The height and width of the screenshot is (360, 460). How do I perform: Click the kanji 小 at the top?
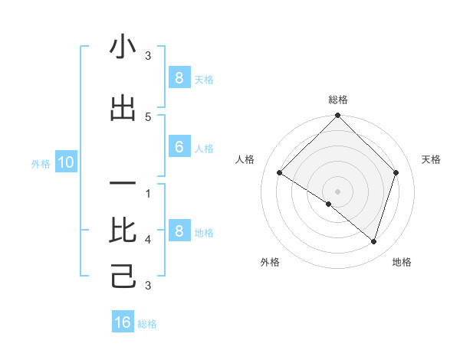(x=123, y=47)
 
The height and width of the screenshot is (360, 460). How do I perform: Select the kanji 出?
(x=123, y=109)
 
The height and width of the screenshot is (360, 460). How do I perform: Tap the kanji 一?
(x=123, y=184)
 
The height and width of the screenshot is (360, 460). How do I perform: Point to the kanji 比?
(x=123, y=230)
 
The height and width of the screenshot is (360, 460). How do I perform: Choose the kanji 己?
(x=123, y=276)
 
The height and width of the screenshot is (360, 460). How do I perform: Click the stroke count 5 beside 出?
(x=148, y=116)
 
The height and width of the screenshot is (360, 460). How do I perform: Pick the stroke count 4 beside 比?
(x=148, y=240)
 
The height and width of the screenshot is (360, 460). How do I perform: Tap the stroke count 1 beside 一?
(x=148, y=193)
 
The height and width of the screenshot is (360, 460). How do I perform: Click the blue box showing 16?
(x=123, y=322)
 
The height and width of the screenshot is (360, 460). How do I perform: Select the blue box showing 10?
(x=65, y=162)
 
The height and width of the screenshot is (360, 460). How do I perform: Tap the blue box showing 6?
(x=179, y=147)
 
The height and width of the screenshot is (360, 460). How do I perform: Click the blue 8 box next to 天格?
(x=179, y=77)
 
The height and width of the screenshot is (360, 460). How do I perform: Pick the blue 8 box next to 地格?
(x=179, y=231)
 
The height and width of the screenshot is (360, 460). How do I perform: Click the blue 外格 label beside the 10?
(x=41, y=163)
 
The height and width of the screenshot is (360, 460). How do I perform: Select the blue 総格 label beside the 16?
(x=147, y=324)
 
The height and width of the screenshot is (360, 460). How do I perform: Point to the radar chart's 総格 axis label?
(x=337, y=100)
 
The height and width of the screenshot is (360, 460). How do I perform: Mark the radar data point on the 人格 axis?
(x=280, y=173)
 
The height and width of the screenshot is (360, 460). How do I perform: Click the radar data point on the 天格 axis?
(x=396, y=172)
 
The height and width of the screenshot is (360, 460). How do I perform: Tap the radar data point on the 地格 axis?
(x=373, y=241)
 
